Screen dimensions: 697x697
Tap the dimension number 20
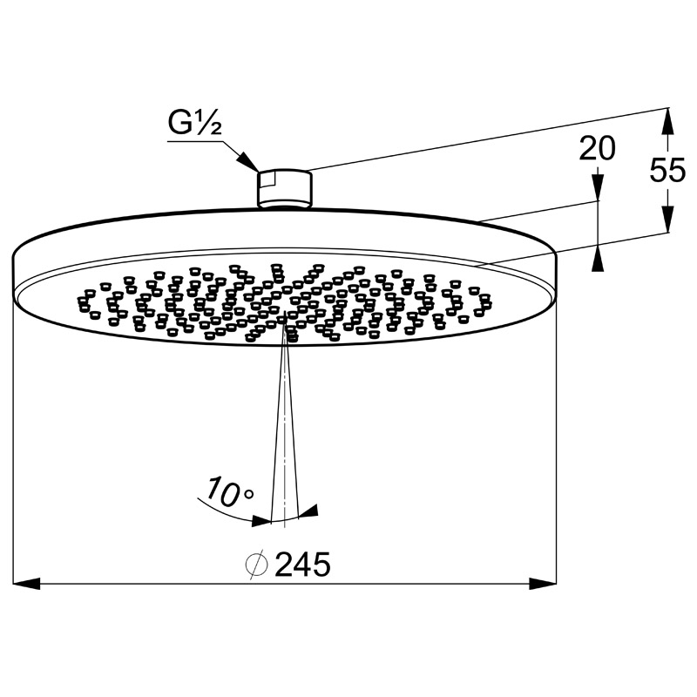(x=597, y=148)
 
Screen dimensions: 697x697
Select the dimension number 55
(x=667, y=170)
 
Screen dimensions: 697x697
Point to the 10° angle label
(x=230, y=491)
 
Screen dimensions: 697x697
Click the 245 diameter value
(x=302, y=565)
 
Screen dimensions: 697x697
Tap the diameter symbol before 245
(x=257, y=565)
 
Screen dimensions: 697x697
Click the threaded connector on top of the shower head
(x=285, y=189)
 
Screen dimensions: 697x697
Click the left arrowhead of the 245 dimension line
(x=27, y=583)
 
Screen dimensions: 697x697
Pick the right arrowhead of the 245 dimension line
(x=543, y=583)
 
